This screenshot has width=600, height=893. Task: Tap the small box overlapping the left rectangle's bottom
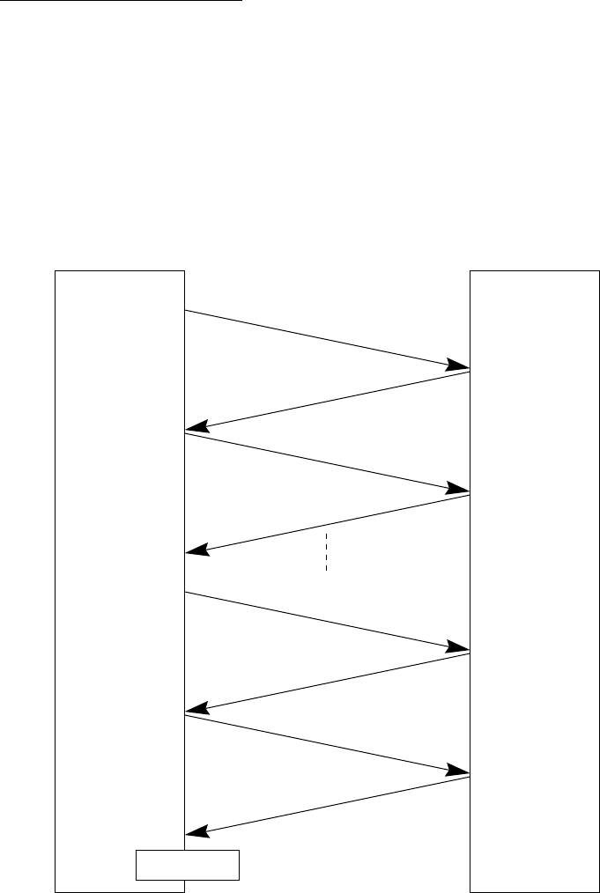pyautogui.click(x=187, y=865)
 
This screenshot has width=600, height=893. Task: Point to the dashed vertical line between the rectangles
pyautogui.click(x=326, y=552)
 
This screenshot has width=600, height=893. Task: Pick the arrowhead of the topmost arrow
pyautogui.click(x=459, y=365)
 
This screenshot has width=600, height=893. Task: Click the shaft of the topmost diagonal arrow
pyautogui.click(x=326, y=339)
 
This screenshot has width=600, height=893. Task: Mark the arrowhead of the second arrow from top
pyautogui.click(x=196, y=427)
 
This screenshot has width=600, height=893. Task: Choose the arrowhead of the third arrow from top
pyautogui.click(x=459, y=489)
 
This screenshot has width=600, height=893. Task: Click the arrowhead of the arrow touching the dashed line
pyautogui.click(x=196, y=550)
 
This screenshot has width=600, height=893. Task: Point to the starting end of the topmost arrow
pyautogui.click(x=186, y=310)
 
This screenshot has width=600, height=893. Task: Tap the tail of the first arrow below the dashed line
pyautogui.click(x=186, y=593)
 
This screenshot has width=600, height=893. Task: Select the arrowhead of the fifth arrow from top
pyautogui.click(x=459, y=647)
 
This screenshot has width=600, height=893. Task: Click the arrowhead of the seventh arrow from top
pyautogui.click(x=459, y=771)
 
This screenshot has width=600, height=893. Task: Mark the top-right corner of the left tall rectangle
pyautogui.click(x=184, y=271)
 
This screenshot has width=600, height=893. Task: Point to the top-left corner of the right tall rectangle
pyautogui.click(x=470, y=271)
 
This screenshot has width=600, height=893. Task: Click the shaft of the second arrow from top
pyautogui.click(x=326, y=401)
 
